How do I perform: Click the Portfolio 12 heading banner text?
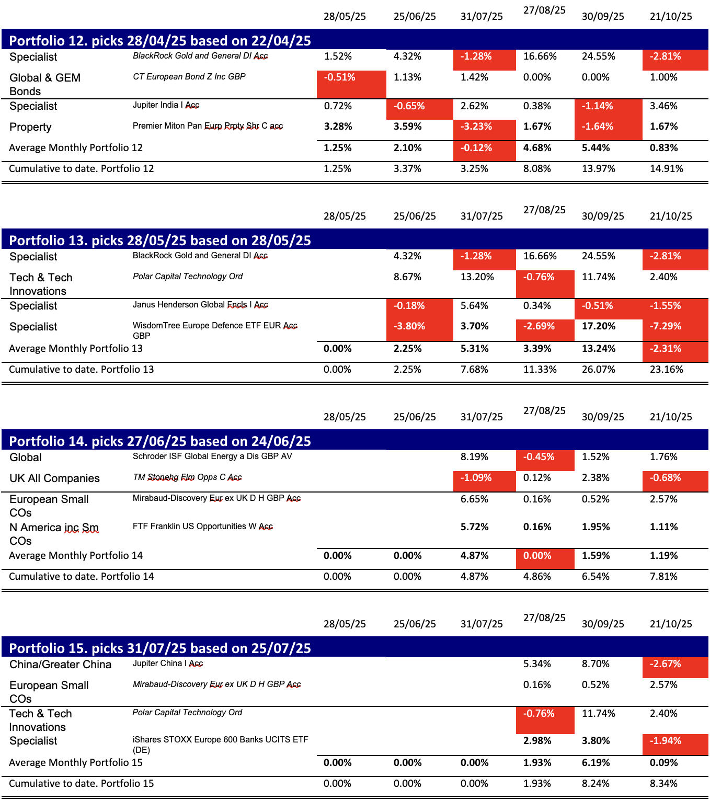click(x=160, y=41)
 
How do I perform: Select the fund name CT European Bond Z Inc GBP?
click(x=189, y=77)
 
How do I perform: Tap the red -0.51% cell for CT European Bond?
click(x=340, y=77)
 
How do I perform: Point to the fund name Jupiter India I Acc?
click(x=166, y=105)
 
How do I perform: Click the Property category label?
click(x=30, y=127)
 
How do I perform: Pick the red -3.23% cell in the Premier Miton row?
click(x=476, y=127)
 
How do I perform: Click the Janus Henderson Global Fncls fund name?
click(x=200, y=305)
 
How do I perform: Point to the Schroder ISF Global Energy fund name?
click(x=212, y=456)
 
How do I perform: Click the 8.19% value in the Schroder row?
click(x=474, y=457)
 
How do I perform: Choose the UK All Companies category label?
click(x=54, y=478)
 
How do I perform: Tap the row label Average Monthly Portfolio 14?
click(x=76, y=556)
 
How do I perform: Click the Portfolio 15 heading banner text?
click(x=160, y=648)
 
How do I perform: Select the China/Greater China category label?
click(x=60, y=665)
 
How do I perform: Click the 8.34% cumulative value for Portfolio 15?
click(x=663, y=784)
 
